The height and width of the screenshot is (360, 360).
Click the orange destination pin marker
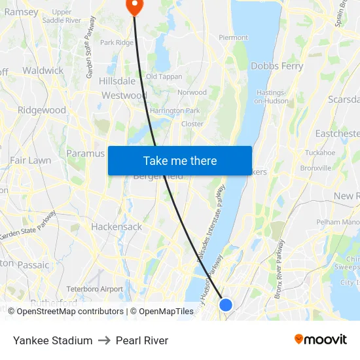point(134,6)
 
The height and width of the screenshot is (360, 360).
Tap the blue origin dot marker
point(226,304)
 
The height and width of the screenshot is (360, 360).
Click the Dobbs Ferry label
point(276,66)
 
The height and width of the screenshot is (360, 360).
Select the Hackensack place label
point(117,226)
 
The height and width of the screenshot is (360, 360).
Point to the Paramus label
point(85,153)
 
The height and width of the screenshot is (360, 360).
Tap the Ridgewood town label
point(42,110)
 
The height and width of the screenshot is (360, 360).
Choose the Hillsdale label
point(117,81)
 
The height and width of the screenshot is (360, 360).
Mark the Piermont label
point(233,38)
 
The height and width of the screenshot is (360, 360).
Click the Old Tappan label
point(164,77)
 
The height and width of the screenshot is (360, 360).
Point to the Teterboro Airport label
point(94,289)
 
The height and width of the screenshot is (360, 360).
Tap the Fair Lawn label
point(30,160)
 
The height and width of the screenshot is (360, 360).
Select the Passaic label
point(33,265)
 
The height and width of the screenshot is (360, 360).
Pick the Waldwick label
point(43,70)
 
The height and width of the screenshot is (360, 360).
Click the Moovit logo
point(320,340)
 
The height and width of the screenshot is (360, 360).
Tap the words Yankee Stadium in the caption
point(52,340)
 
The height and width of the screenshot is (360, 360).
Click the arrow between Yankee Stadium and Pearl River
point(104,340)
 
